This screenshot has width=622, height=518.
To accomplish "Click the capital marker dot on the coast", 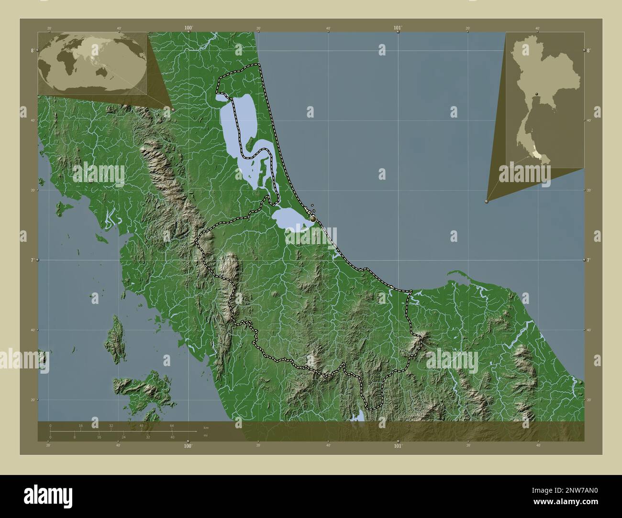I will (x=313, y=218).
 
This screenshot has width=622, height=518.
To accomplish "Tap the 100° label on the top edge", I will (x=189, y=28).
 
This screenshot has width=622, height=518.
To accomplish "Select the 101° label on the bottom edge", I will (x=398, y=446).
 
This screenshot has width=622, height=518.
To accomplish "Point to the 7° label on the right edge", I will (x=588, y=260).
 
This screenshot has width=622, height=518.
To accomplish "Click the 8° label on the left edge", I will (x=32, y=50).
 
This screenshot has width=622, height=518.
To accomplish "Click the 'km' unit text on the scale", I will (x=206, y=427).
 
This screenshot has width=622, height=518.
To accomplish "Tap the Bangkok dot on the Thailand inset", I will (x=537, y=94).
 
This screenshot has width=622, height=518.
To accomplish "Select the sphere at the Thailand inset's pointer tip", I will (x=487, y=202).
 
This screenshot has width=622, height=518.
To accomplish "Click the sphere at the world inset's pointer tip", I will (x=173, y=109).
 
